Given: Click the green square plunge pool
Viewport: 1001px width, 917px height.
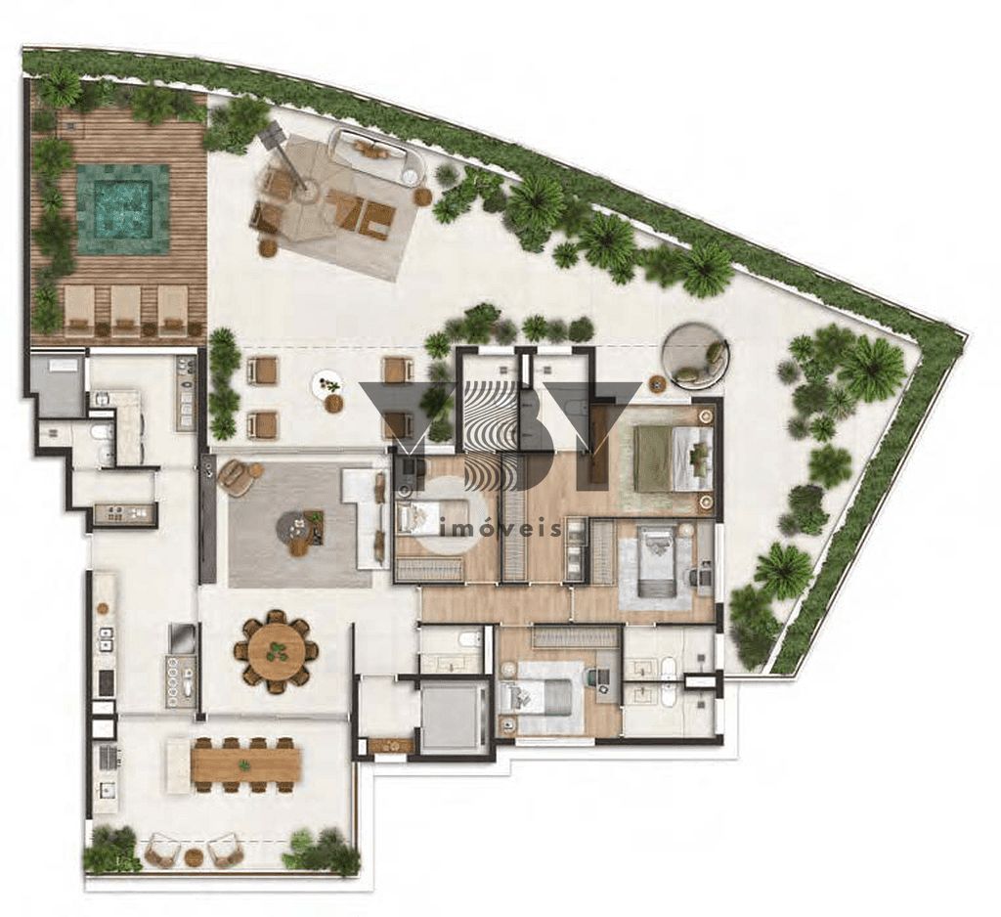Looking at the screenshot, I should [122, 208].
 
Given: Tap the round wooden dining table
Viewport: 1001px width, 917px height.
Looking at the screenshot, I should [277, 651].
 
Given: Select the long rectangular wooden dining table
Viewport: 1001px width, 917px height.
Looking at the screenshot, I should [245, 764].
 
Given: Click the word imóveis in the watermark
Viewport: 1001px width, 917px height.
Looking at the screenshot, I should [503, 529].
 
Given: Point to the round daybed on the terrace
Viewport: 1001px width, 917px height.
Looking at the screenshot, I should [695, 355].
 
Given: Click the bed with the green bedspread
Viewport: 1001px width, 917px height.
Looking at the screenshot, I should [670, 457].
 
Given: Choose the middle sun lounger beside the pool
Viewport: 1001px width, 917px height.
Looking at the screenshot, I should [125, 310].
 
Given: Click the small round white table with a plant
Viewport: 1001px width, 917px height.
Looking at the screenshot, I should [328, 385].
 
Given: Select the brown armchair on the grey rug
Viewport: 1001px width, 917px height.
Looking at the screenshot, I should [237, 477].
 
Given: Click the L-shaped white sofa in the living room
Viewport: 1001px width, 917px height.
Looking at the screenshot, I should [369, 513].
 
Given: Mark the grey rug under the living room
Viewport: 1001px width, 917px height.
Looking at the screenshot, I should [283, 523].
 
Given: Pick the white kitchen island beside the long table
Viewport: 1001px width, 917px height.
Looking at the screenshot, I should [177, 764].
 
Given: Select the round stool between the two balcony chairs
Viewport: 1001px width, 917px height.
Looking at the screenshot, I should [194, 856].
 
